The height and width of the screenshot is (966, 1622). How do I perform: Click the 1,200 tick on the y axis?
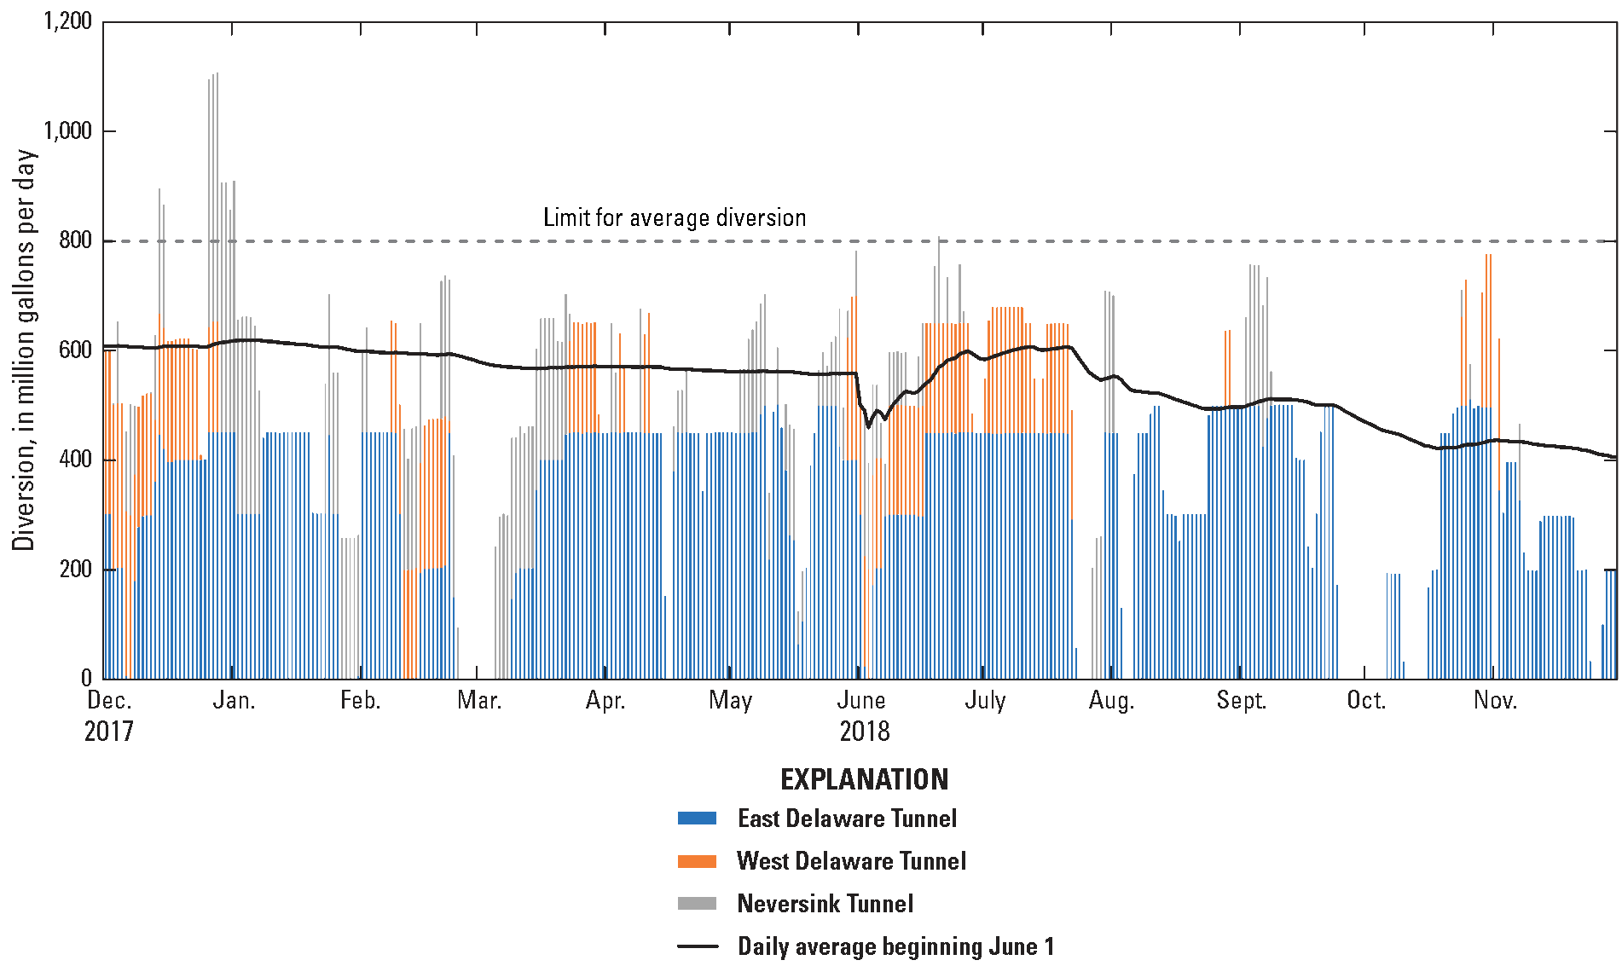[67, 21]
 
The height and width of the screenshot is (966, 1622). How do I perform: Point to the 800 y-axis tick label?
[75, 240]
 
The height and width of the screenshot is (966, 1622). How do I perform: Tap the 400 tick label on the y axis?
[75, 460]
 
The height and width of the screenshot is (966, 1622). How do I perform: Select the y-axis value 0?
[86, 678]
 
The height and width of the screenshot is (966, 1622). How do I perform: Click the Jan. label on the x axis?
[233, 701]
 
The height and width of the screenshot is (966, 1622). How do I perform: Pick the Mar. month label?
[479, 701]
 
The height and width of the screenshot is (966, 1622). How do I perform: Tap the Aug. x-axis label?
[1111, 701]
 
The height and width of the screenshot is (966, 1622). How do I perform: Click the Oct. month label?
[1365, 701]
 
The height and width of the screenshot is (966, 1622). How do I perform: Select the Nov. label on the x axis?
[1496, 701]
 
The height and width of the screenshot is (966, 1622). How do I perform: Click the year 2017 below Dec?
[109, 732]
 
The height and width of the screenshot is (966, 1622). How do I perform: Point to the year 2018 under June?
[864, 732]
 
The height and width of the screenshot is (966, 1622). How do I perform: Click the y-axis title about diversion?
[25, 350]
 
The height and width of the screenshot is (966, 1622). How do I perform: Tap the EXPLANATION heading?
[864, 778]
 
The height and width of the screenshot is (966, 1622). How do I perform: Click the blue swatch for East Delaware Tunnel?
[697, 818]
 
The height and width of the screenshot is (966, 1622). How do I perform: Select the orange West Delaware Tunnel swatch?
[697, 861]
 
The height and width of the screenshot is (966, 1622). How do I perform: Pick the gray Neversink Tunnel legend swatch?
[697, 904]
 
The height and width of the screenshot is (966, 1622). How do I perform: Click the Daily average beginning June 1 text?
[895, 946]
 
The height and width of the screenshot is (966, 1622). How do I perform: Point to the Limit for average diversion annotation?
[675, 217]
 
